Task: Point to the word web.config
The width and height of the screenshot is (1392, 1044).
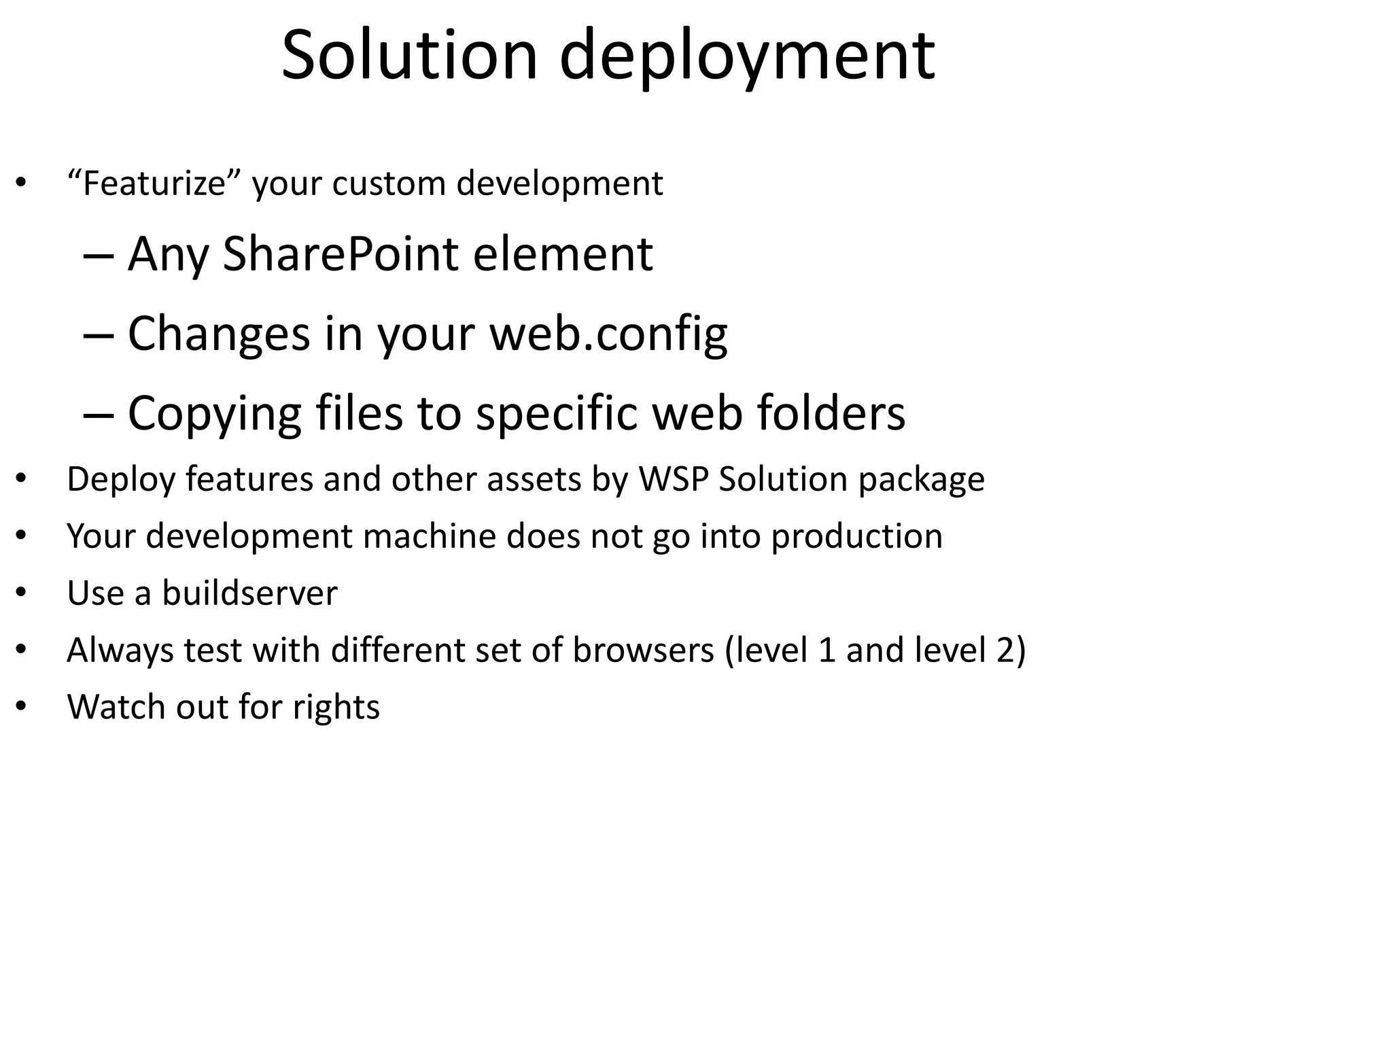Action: coord(608,334)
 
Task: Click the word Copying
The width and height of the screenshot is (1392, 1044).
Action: coord(214,413)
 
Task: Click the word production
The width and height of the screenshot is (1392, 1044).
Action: coord(856,537)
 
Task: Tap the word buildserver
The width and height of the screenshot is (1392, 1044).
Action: coord(249,593)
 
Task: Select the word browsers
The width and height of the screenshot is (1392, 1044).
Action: coord(643,650)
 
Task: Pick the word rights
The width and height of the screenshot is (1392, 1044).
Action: coord(336,708)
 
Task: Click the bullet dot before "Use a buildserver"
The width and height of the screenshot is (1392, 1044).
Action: coord(21,593)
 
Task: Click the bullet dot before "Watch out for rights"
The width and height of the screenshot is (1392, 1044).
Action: coord(21,707)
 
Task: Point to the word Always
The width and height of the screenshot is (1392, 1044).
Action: coord(120,650)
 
